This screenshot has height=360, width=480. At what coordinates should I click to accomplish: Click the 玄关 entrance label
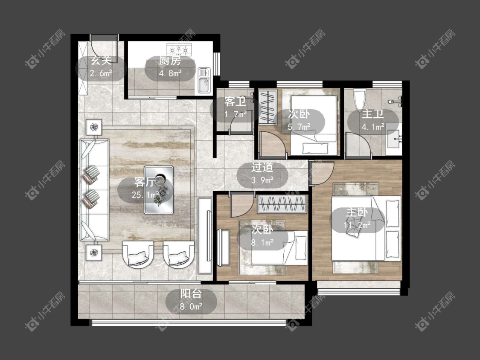[101, 61]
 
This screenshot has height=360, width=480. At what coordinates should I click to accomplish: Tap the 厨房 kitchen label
[170, 61]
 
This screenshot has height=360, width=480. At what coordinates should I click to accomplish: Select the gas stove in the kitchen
[179, 49]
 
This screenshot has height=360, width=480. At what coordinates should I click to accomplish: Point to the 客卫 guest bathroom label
[235, 102]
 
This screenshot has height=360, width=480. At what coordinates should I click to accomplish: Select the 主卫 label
[372, 114]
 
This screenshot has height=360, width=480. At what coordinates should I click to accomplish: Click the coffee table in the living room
[159, 190]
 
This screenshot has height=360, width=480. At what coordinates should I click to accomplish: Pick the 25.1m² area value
[145, 195]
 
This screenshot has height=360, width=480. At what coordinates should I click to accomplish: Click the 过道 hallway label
[262, 168]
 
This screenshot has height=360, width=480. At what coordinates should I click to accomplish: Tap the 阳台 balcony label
[191, 293]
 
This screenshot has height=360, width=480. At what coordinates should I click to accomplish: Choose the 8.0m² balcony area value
[191, 306]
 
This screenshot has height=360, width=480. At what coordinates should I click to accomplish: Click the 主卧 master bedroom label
[357, 212]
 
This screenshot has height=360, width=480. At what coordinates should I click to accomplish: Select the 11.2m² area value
[357, 225]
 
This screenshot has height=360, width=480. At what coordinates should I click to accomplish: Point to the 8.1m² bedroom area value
[262, 243]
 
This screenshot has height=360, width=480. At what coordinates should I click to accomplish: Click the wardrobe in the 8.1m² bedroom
[282, 204]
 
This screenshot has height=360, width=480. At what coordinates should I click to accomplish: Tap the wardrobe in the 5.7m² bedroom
[268, 107]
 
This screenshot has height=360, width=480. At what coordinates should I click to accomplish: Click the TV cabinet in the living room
[205, 235]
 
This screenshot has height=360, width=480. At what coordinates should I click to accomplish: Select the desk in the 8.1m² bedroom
[223, 247]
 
